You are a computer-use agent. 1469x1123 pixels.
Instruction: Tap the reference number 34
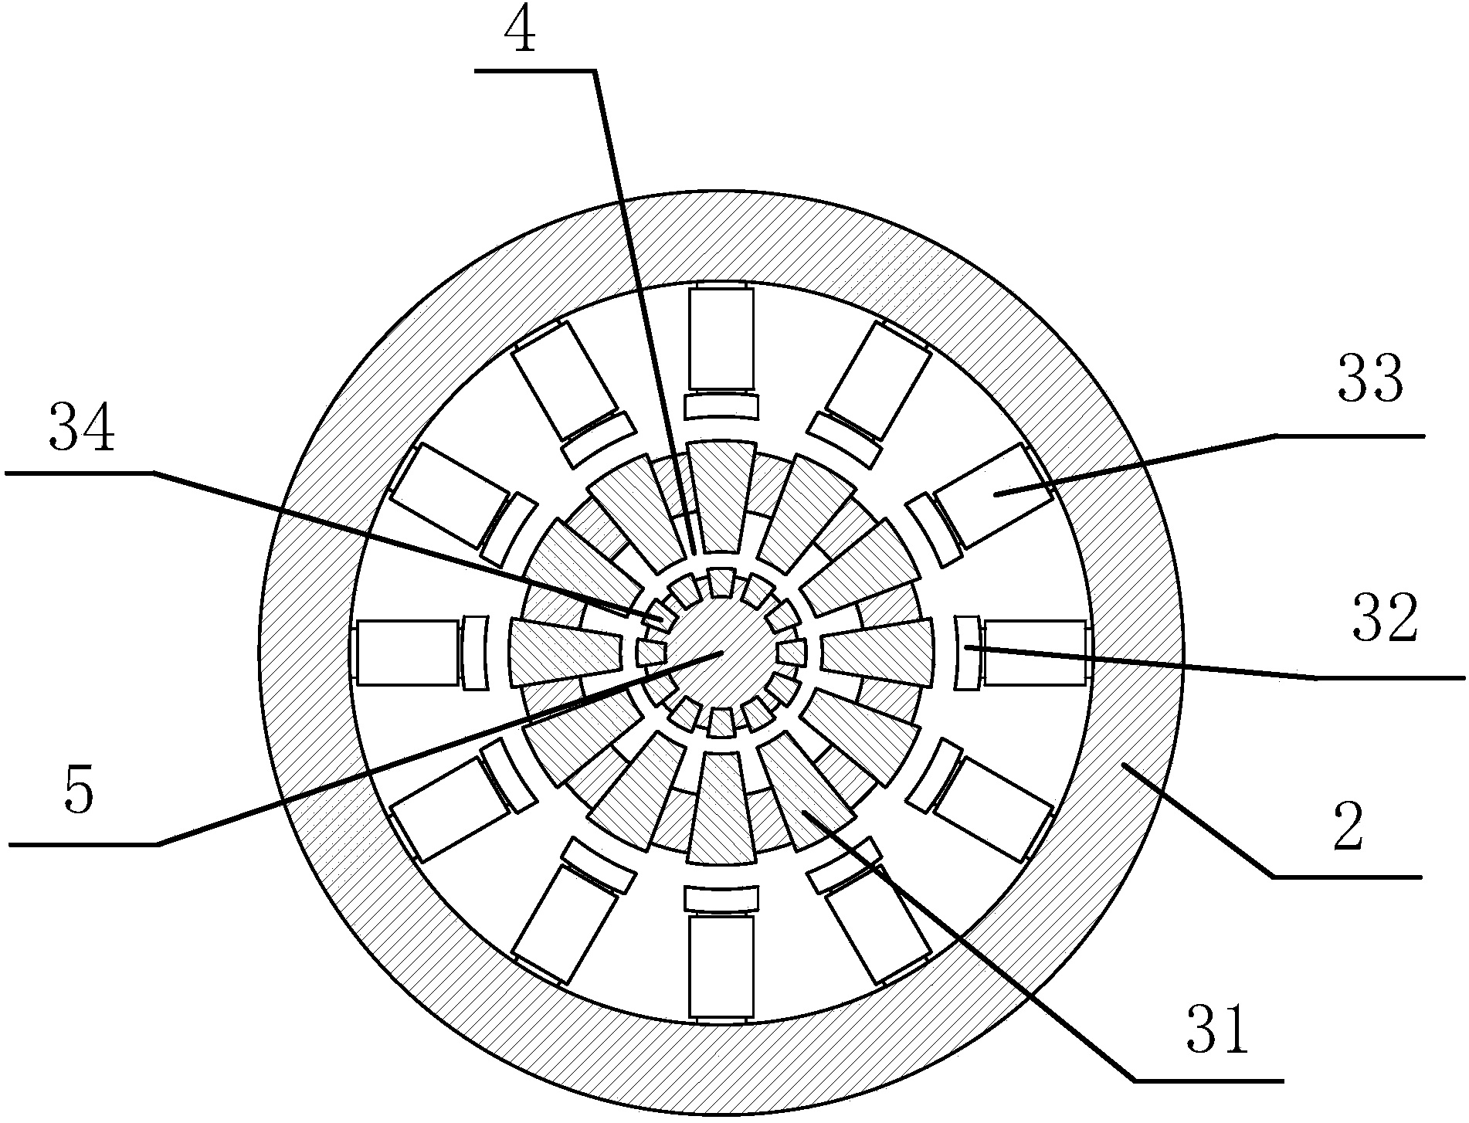(x=82, y=431)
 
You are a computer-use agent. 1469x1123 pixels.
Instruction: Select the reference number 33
(x=1370, y=382)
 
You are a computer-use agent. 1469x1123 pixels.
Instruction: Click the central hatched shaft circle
(x=720, y=653)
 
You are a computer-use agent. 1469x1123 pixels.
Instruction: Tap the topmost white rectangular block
(x=721, y=338)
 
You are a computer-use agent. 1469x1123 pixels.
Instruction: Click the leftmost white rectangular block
(x=406, y=653)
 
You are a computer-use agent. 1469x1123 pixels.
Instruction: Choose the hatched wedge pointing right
(x=876, y=653)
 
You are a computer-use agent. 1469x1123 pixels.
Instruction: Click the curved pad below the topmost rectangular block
(x=721, y=405)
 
